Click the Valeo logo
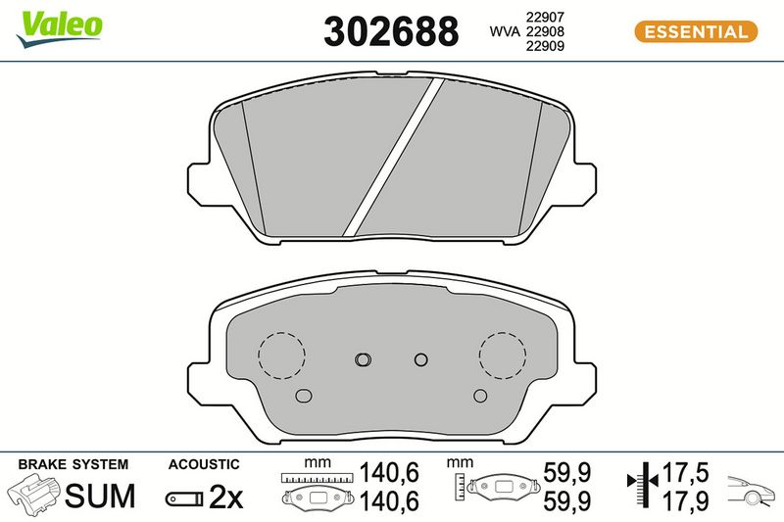(59, 28)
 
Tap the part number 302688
(391, 31)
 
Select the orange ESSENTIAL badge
(696, 32)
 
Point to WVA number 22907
(545, 17)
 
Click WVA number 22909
(545, 46)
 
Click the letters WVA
(505, 31)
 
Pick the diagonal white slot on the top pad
(394, 157)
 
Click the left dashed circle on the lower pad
(281, 356)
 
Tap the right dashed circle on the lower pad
(503, 356)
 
